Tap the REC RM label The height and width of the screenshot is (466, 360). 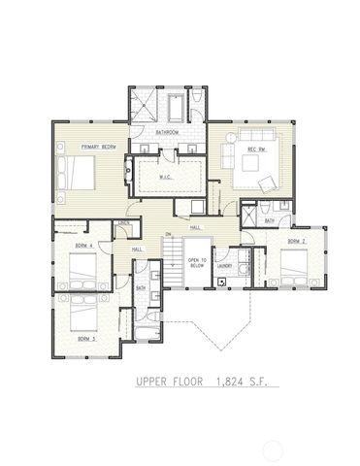coord(257,150)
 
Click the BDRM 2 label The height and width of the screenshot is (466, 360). coord(297,240)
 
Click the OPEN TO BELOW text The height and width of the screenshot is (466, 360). coord(196,262)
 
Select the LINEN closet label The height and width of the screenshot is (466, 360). coord(123,225)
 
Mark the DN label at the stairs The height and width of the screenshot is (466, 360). coord(168,235)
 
